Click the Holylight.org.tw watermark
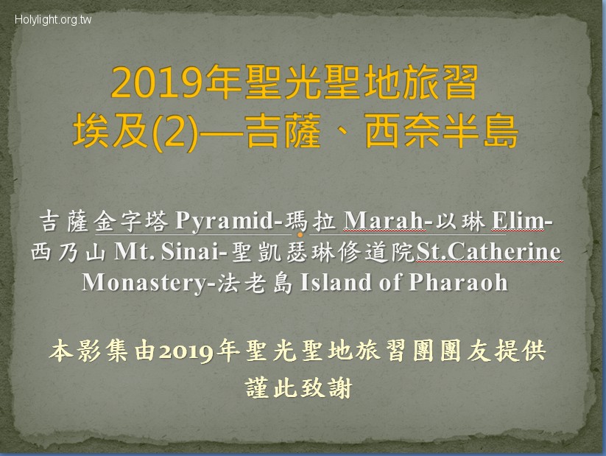tap(53, 20)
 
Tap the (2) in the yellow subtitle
tap(175, 132)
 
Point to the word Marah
tap(384, 221)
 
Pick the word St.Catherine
tap(488, 251)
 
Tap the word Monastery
tap(144, 282)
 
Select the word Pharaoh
tap(458, 282)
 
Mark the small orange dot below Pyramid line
tap(300, 235)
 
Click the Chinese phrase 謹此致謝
tap(299, 388)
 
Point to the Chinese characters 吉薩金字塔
tap(105, 221)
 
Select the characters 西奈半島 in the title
tap(441, 132)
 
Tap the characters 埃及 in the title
tap(111, 132)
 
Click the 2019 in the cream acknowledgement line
tap(186, 351)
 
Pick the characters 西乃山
tap(68, 252)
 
